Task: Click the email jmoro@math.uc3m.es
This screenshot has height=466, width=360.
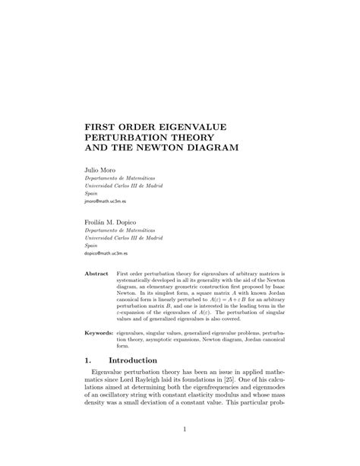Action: click(106, 203)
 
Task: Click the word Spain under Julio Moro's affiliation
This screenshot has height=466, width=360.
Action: click(91, 194)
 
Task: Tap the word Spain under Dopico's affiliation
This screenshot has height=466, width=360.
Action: click(91, 246)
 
